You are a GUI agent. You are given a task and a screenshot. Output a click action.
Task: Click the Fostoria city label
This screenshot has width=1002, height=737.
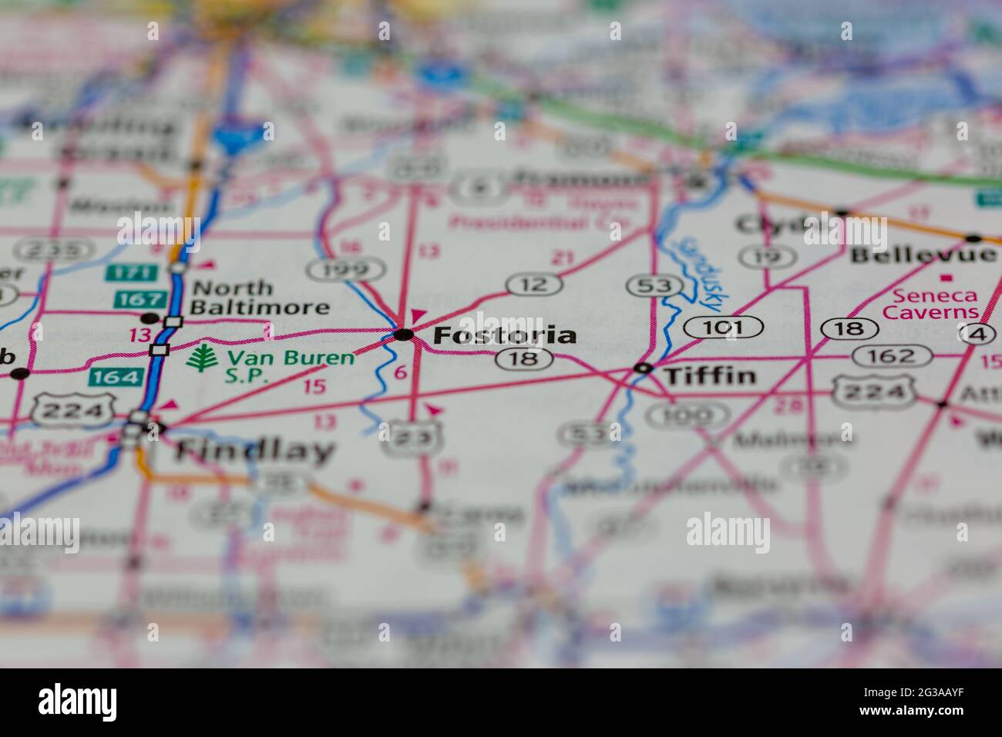[504, 335]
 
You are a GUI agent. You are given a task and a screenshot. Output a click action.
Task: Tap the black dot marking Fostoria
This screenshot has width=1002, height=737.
[403, 335]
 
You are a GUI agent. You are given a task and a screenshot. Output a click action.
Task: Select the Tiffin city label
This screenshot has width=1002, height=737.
[710, 376]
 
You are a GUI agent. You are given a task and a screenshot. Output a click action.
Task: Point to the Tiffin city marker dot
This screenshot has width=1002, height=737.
[643, 368]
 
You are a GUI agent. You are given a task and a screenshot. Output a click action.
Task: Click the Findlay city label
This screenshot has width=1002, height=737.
[255, 452]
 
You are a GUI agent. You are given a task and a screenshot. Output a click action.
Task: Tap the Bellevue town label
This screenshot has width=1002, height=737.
[923, 254]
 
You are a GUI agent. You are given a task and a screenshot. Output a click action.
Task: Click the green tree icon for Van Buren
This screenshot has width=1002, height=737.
[202, 359]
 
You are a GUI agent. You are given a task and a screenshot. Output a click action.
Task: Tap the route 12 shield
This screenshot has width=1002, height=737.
[534, 284]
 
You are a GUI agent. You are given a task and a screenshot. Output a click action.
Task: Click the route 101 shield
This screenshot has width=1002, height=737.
[723, 328]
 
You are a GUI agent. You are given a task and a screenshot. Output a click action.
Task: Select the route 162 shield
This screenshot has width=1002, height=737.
[892, 356]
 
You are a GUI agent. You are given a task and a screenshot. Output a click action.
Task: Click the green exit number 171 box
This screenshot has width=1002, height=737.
[122, 272]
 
